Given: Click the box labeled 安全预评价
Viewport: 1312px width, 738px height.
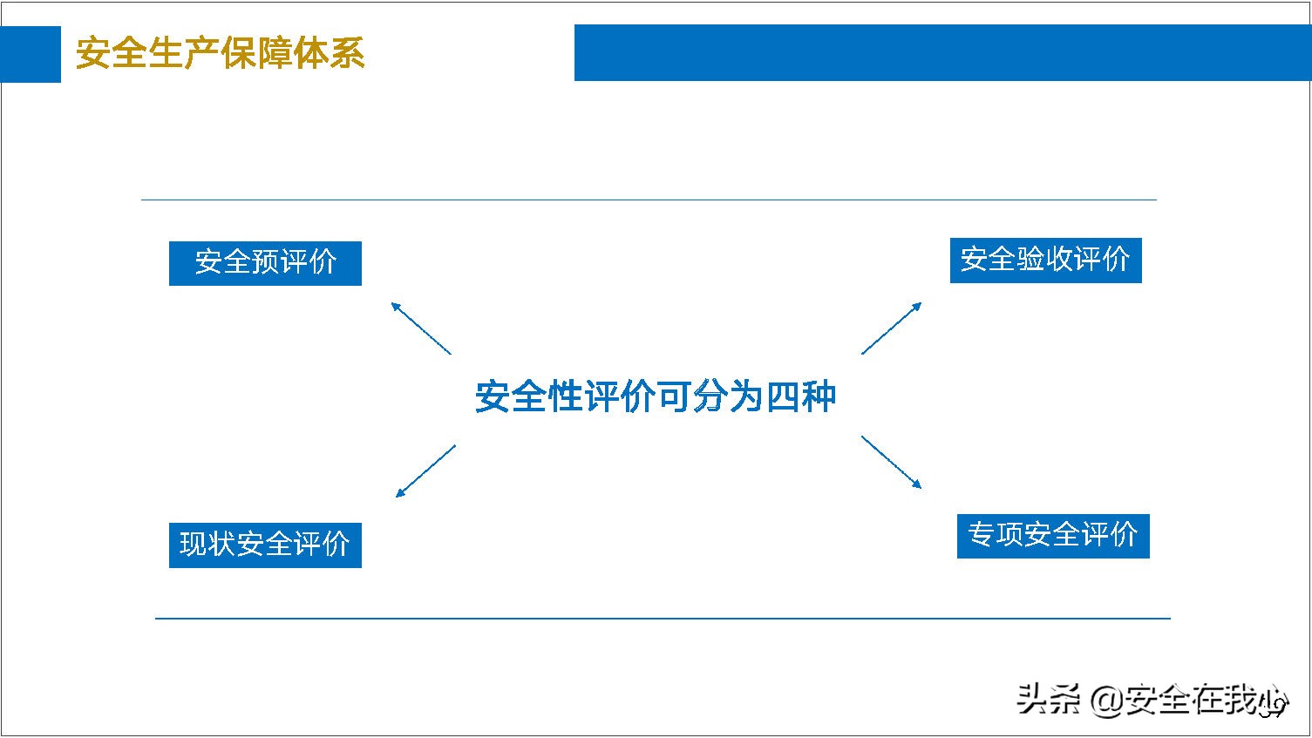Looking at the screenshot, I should tap(265, 263).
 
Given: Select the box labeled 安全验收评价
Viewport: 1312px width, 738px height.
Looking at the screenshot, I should tap(1045, 260).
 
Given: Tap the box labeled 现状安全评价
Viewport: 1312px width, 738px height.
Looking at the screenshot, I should tap(265, 545).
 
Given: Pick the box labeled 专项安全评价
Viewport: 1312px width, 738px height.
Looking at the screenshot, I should tap(1053, 535).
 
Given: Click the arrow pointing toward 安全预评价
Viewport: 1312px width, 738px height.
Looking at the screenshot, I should tap(421, 328).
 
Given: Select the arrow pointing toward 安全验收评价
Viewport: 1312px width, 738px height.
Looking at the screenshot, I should tap(891, 328).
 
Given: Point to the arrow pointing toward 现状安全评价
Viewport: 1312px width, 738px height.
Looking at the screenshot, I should tap(425, 471).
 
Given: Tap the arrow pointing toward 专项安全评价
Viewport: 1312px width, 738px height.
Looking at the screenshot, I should tap(891, 462).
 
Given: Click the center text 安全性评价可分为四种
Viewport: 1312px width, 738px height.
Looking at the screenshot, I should tap(656, 396).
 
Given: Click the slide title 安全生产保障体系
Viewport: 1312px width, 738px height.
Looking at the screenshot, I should tap(220, 54).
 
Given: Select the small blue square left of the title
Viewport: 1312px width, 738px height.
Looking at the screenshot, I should tap(31, 54).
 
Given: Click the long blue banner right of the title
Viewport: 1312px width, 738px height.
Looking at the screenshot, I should tap(942, 52).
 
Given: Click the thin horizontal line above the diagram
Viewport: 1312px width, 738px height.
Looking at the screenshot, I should tap(649, 200).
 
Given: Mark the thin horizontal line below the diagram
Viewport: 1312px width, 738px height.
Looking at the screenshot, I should tap(663, 619).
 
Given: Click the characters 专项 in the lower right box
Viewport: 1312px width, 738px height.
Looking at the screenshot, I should tap(996, 535).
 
